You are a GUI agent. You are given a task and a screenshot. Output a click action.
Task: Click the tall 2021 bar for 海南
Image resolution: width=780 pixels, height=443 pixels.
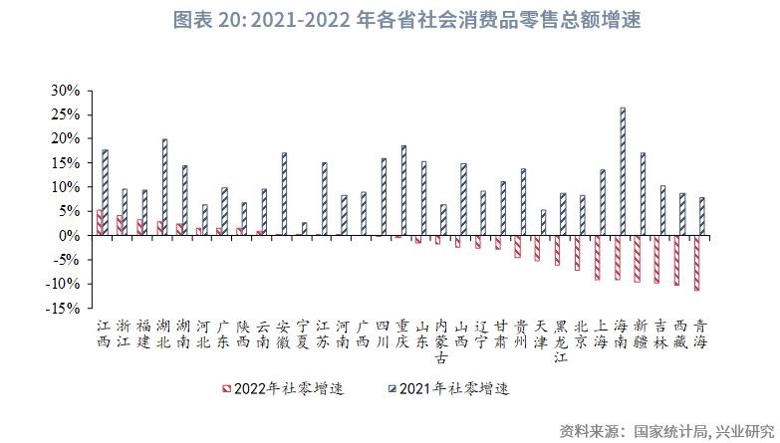point(623,171)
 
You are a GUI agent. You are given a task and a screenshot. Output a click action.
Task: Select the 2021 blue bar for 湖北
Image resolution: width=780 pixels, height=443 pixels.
point(164,187)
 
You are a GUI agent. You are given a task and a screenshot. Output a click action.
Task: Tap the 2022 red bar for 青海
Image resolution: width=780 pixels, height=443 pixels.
point(697,263)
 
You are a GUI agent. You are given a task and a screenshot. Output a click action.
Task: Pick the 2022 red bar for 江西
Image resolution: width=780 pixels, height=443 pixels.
point(100,223)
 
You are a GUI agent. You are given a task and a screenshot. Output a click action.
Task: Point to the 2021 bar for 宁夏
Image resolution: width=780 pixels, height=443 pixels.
point(304,229)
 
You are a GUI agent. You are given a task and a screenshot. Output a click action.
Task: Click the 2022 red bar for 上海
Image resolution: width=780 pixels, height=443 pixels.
point(598,258)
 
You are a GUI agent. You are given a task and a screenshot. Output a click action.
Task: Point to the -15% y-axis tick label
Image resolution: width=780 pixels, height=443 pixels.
point(64,309)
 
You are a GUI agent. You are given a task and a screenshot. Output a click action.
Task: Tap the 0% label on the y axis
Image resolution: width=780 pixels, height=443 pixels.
point(70,236)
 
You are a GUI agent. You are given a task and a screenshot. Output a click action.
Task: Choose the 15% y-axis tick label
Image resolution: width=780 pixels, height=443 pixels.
point(66,162)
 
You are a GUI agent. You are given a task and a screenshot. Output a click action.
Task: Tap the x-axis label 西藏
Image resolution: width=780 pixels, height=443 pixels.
point(681,333)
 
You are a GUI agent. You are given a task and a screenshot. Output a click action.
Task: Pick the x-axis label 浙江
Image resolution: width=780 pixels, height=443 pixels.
point(123,333)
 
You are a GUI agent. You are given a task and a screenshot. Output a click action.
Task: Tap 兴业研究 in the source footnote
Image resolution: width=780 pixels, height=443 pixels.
point(746,430)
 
